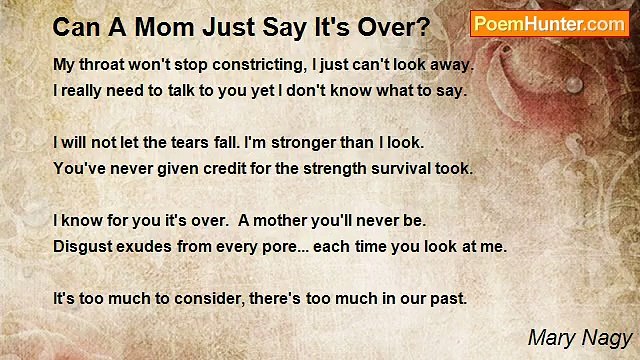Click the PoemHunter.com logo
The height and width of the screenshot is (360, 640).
click(549, 23)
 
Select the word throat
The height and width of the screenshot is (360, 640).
click(105, 65)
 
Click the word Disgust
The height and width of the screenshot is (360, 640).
click(82, 245)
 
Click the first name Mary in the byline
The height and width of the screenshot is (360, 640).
click(552, 338)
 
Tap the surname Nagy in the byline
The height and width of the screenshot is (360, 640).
click(608, 338)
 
